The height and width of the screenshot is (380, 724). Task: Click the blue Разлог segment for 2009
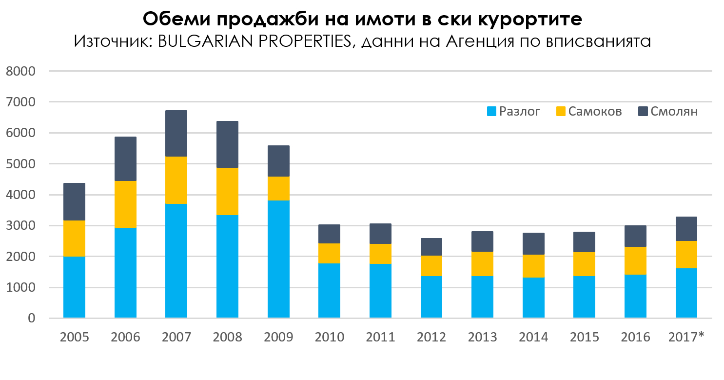point(278,259)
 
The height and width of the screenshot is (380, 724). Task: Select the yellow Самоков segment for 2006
point(125,204)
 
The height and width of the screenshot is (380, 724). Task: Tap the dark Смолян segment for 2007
point(176,133)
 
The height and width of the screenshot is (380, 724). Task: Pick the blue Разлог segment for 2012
point(431,297)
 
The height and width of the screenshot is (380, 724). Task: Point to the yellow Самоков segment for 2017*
point(686,254)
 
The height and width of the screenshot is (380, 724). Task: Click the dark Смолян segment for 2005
point(74,201)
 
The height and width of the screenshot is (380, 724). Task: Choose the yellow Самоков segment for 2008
point(227,191)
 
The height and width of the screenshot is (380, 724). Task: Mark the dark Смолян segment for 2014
point(533,243)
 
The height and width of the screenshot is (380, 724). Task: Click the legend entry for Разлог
point(513,112)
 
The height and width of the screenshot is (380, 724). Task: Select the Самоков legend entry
point(589,112)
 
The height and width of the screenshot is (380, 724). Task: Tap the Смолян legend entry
point(667,112)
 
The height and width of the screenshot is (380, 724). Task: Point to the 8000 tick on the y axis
point(22,71)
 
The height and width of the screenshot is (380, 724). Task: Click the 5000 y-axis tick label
point(22,164)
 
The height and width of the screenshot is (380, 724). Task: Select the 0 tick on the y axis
point(32,319)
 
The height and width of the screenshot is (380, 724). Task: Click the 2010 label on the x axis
point(329,337)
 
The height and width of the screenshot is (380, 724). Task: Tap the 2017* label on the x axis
point(686,337)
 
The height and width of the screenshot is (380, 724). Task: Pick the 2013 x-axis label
point(482,337)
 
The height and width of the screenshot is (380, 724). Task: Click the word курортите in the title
point(528,20)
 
